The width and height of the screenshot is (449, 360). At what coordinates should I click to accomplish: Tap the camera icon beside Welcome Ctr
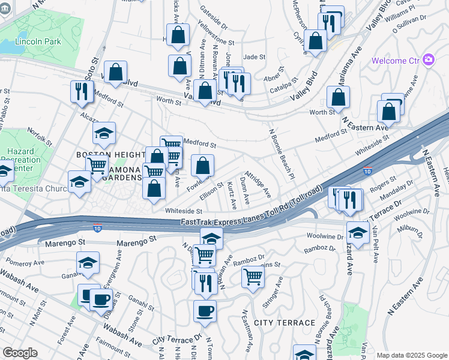click(428, 59)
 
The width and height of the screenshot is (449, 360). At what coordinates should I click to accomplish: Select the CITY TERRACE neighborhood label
click(285, 323)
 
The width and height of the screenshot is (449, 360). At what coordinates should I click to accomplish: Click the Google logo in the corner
click(20, 353)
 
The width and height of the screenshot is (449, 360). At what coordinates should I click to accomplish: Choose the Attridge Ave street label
click(258, 186)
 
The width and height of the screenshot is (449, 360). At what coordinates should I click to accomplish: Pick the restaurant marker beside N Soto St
click(80, 91)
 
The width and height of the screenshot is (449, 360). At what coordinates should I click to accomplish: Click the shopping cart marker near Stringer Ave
click(253, 277)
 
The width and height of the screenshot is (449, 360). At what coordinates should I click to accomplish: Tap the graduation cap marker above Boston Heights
click(104, 133)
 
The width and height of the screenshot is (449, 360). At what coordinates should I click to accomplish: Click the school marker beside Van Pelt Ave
click(358, 233)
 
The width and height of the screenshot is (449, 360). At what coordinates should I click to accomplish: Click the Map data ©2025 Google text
click(411, 355)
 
